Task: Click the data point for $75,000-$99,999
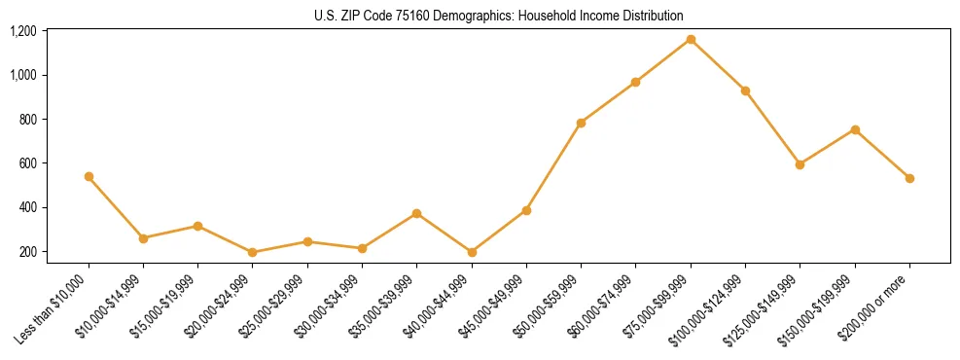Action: point(691,39)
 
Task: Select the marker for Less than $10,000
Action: point(89,176)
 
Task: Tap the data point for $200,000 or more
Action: point(909,178)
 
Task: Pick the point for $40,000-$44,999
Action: point(472,252)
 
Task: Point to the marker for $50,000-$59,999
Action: point(581,123)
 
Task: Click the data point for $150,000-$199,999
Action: point(855,129)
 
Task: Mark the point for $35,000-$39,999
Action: point(416,213)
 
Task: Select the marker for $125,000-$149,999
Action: point(800,164)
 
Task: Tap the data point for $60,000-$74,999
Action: point(635,82)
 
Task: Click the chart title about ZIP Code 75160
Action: point(499,16)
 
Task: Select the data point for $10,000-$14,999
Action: point(143,238)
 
